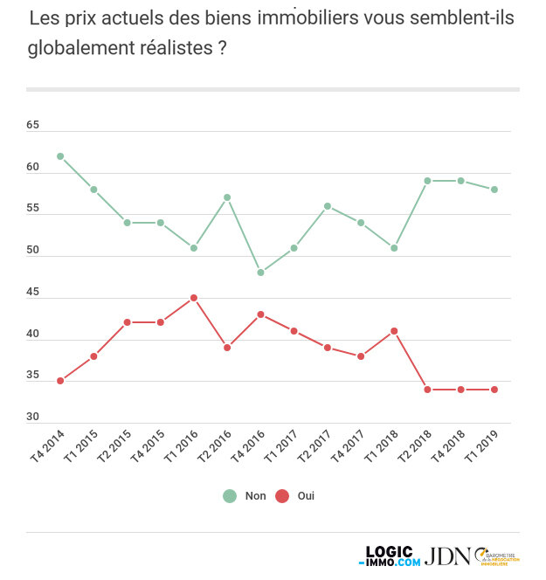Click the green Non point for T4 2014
click(60, 156)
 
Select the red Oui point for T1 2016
click(194, 298)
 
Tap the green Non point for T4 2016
click(260, 273)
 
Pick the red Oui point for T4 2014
click(60, 381)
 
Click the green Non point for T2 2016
click(227, 197)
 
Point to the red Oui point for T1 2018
click(394, 331)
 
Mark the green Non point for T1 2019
click(494, 190)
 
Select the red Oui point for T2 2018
click(427, 390)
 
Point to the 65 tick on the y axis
click(33, 126)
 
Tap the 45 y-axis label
click(33, 293)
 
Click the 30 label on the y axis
click(33, 418)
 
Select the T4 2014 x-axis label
click(49, 446)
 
